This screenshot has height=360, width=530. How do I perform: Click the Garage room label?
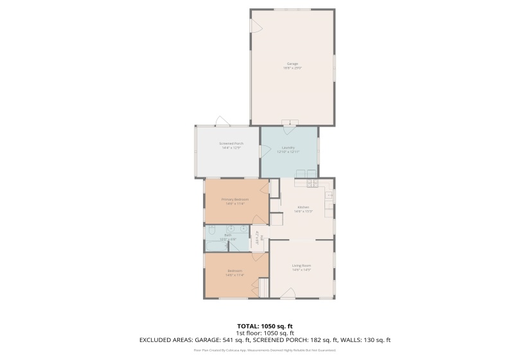click(292, 64)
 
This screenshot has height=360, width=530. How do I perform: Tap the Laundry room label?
click(288, 147)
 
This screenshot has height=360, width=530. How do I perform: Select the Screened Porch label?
click(231, 143)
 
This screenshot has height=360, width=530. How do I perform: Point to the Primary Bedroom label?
click(234, 199)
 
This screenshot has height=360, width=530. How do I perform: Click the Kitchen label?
click(303, 207)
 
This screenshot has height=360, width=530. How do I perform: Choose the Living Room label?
click(301, 265)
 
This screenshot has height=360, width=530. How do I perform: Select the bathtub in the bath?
click(216, 246)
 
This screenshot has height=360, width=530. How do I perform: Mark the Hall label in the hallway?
click(261, 237)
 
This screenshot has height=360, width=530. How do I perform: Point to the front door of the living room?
click(288, 293)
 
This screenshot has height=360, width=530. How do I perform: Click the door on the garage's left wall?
click(255, 26)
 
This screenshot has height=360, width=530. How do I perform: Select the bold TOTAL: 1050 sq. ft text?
click(265, 326)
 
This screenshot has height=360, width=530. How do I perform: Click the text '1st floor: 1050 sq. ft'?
click(265, 333)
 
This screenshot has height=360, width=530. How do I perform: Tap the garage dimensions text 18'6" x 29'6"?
click(292, 67)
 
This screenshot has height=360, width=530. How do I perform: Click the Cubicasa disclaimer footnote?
click(265, 350)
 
